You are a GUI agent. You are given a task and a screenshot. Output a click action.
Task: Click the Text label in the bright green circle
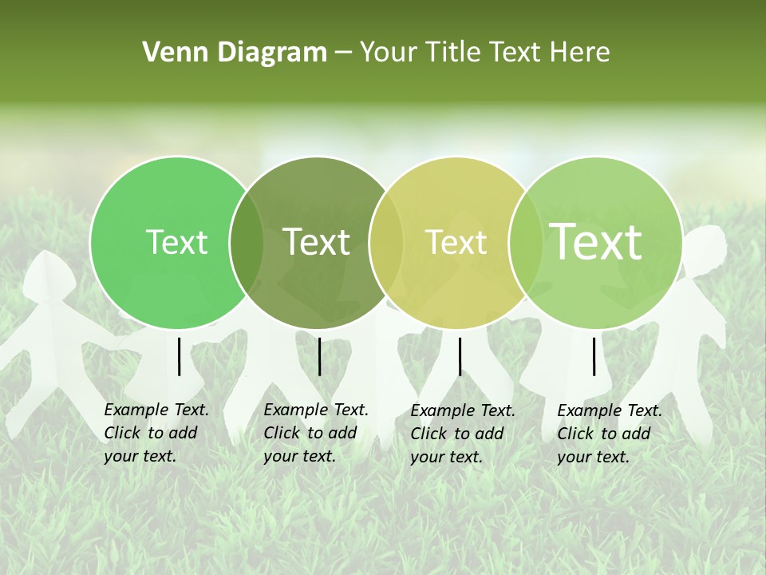[x=177, y=243]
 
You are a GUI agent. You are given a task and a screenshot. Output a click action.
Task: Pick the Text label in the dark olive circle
[x=317, y=243]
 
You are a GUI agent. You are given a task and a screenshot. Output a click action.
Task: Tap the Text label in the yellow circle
[x=456, y=243]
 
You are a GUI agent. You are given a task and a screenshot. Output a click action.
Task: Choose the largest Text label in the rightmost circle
[x=596, y=243]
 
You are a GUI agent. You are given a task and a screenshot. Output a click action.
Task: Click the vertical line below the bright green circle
[x=180, y=356]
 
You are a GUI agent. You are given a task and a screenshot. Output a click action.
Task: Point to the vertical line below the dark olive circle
[x=319, y=356]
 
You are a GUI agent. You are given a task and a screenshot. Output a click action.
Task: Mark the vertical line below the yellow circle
[x=460, y=356]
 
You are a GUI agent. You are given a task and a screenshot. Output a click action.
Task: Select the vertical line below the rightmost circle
[x=594, y=356]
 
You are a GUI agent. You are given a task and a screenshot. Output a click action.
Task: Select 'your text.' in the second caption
[x=299, y=456]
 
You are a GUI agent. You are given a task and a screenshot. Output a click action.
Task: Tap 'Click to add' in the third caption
[x=457, y=434]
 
